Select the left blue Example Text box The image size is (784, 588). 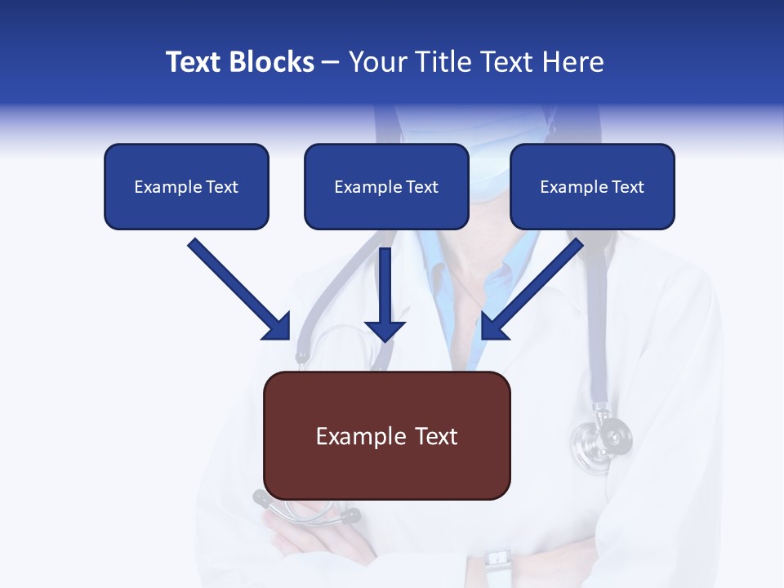[x=186, y=186]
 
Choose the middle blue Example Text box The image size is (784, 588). [x=386, y=186]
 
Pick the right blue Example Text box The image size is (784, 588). [x=592, y=186]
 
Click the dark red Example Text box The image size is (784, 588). [x=386, y=435]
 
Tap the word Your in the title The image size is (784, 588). [x=376, y=62]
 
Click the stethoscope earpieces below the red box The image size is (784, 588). [x=306, y=510]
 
